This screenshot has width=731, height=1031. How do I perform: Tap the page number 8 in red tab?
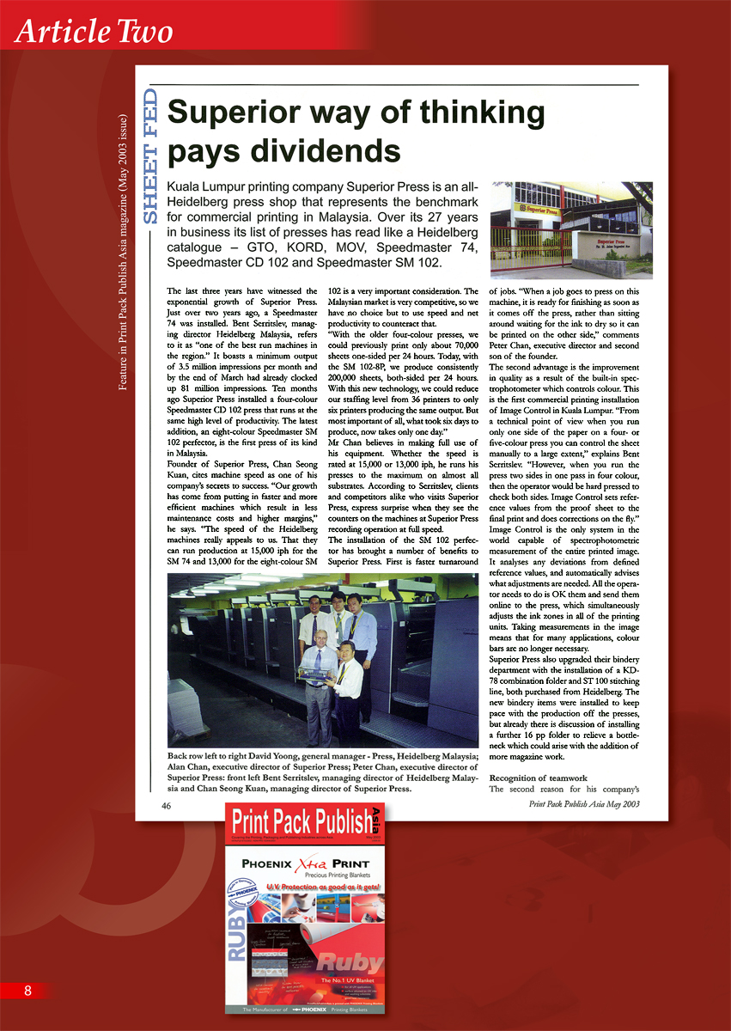tap(27, 991)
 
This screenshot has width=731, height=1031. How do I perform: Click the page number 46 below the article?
tap(167, 806)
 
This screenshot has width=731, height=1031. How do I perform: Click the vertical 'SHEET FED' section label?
tap(150, 156)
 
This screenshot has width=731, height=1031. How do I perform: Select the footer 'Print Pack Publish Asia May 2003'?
tap(584, 804)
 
